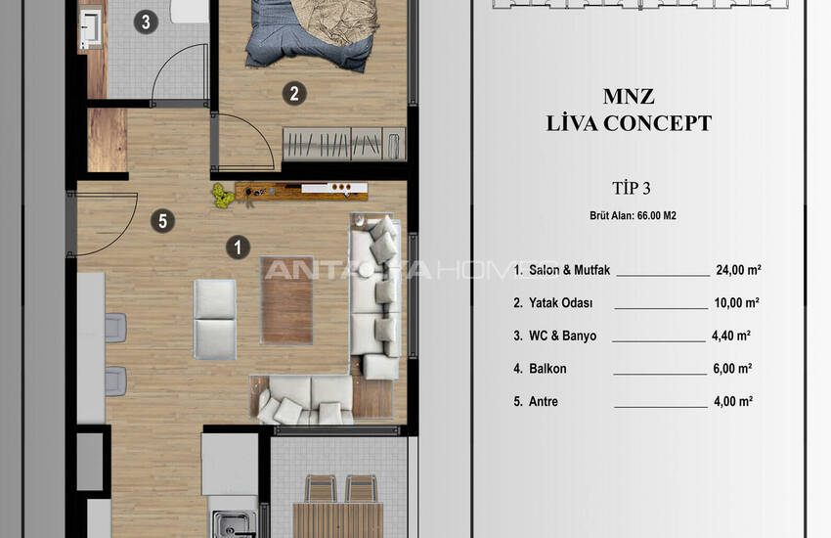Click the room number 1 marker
click(238, 247)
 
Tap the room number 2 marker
click(294, 94)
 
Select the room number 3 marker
click(146, 22)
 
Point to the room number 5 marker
click(162, 221)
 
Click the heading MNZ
click(629, 97)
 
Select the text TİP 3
click(631, 188)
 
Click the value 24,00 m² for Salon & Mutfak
click(738, 270)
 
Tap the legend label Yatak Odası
click(561, 303)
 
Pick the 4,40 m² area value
click(731, 336)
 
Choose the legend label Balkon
click(547, 369)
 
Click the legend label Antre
click(544, 401)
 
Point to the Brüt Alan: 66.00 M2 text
click(633, 216)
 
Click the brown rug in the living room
click(286, 300)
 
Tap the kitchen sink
click(234, 524)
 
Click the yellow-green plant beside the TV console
click(223, 196)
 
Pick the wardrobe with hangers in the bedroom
click(344, 144)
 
